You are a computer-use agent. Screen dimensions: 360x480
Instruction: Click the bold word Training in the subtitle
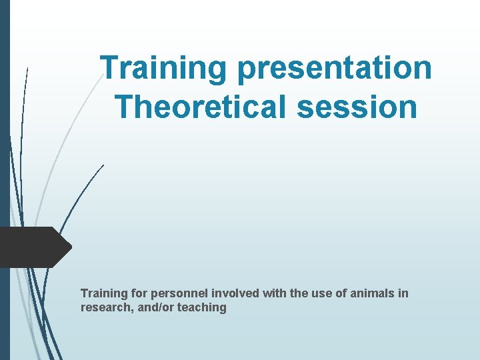(102, 293)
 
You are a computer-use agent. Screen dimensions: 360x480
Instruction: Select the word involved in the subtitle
(221, 293)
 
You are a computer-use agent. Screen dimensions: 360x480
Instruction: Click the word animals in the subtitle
(374, 293)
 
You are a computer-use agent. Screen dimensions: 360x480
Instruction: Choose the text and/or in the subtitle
(155, 308)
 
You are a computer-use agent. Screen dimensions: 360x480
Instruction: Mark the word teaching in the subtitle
(202, 308)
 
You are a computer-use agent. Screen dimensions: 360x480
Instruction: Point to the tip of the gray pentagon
(70, 247)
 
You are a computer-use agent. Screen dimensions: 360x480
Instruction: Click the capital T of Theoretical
(123, 106)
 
